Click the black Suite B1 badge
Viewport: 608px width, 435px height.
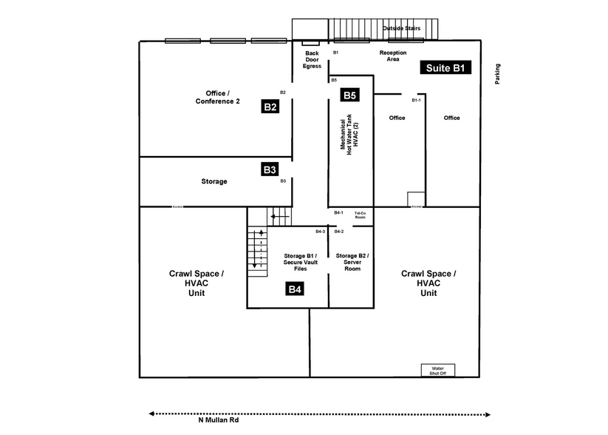pos(445,68)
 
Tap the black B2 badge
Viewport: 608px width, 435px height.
pos(270,107)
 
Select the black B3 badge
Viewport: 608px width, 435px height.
pos(270,169)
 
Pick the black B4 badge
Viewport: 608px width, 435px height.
pos(295,289)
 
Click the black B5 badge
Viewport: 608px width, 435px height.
pos(349,95)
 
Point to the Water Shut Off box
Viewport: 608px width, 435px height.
pos(438,370)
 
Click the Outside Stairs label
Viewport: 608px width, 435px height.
pos(401,28)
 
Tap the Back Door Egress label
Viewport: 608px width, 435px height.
pos(312,60)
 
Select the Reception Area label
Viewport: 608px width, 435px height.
pos(393,56)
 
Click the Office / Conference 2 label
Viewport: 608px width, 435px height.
pos(217,97)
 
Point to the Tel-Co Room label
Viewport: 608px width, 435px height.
pos(361,215)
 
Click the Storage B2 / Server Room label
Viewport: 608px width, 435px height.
pos(352,262)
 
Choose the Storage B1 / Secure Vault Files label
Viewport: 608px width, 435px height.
pos(300,262)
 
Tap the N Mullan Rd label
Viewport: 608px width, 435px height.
pos(218,421)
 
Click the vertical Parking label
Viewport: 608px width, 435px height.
pos(497,75)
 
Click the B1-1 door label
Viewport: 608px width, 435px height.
pos(416,100)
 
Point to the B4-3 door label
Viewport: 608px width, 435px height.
pos(320,232)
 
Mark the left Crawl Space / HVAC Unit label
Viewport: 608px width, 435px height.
pos(197,283)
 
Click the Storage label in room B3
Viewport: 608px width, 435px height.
pos(214,181)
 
